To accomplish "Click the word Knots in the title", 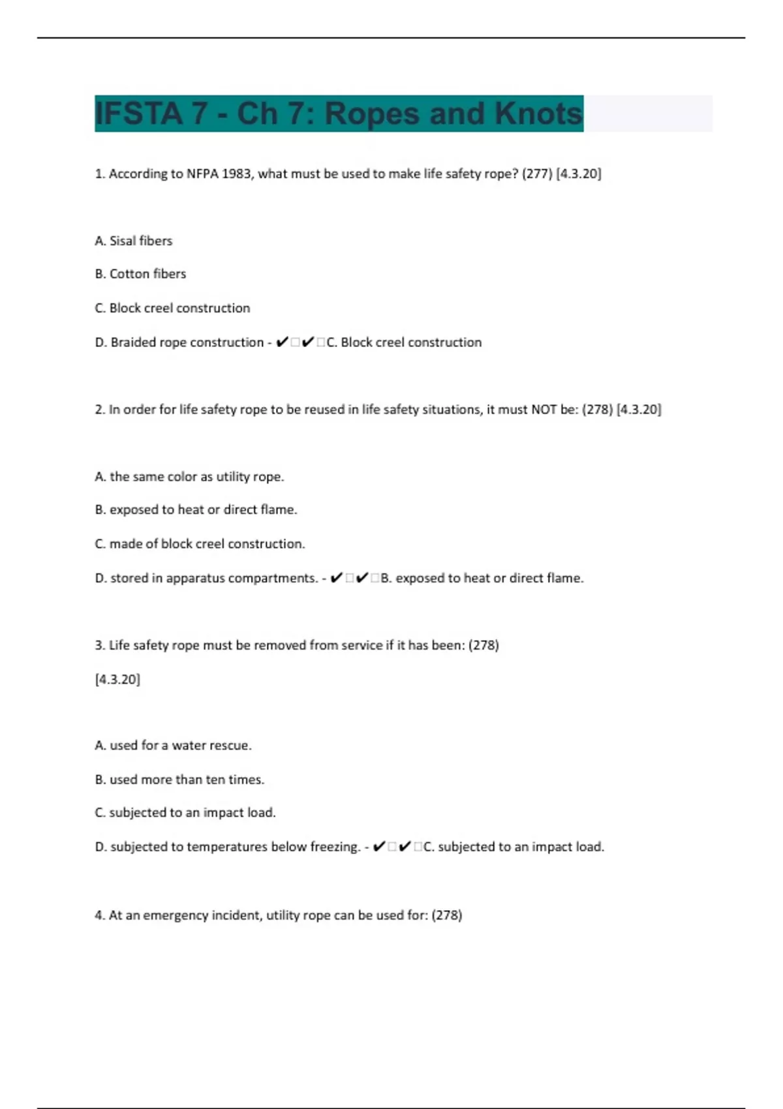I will [x=538, y=114].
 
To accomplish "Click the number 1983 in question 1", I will [x=238, y=174].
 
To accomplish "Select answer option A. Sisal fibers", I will [x=134, y=241].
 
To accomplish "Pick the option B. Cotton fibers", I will [x=140, y=274].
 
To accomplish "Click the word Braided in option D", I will [x=132, y=342].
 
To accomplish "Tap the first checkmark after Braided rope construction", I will [x=282, y=342].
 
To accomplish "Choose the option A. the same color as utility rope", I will [x=189, y=477].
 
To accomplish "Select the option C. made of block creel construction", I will [x=200, y=544].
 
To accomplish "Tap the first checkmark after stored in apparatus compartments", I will [x=337, y=578].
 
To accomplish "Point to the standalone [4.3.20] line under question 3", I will [x=117, y=680].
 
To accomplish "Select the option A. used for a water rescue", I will [x=173, y=746].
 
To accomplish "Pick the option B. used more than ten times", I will [x=179, y=780].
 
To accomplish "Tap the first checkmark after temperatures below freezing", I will [x=378, y=847].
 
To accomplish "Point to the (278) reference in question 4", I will [x=447, y=915].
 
